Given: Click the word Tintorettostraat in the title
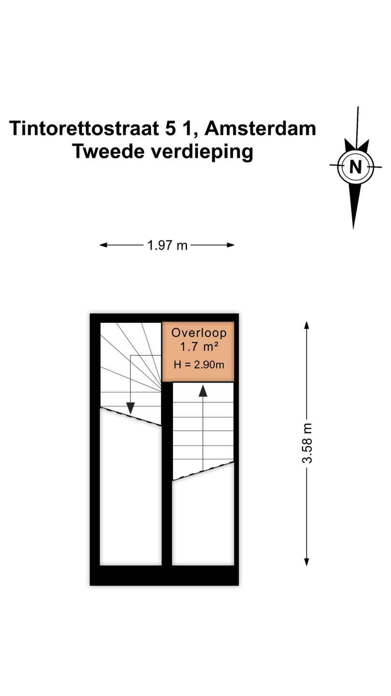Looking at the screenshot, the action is coord(84,128).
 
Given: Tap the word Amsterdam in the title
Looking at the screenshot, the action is coord(260,128).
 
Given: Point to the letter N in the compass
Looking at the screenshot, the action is coord(356,167).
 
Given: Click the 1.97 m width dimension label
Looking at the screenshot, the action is coord(168,246).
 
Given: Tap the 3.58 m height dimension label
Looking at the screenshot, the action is coord(307,443).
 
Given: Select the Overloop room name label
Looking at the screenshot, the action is coord(199,333).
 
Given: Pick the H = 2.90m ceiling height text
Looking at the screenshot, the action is coord(199,364).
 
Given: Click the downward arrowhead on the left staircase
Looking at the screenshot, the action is coord(131,408).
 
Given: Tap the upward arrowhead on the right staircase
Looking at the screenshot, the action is coord(203,391).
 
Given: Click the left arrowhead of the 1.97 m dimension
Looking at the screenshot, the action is coord(103,245).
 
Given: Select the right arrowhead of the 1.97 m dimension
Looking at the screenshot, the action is coord(230,245).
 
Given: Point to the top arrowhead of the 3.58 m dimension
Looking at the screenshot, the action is coord(307,325).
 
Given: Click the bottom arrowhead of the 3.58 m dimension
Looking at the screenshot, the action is coord(307,562).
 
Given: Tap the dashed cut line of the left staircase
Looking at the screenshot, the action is coord(131,416).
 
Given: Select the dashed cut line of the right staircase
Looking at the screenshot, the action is coord(203,471).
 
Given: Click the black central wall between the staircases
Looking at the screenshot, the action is coord(167,474).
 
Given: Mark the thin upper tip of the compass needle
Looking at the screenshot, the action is coord(358,107).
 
